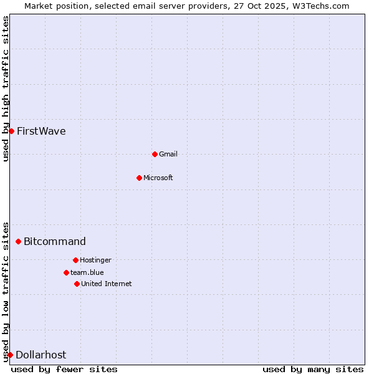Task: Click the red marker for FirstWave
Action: click(x=11, y=131)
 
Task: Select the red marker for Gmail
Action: click(x=155, y=154)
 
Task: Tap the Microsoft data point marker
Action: click(x=139, y=178)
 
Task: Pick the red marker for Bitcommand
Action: click(x=18, y=241)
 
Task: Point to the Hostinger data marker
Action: click(x=75, y=260)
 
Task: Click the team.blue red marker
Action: click(x=66, y=272)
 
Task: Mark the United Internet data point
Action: click(x=77, y=284)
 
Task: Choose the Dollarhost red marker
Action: click(x=10, y=355)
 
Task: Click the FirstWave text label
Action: click(x=41, y=132)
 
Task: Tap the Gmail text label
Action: click(x=168, y=154)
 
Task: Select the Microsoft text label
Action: click(x=158, y=178)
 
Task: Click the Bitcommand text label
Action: click(x=55, y=242)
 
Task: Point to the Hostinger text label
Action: click(x=95, y=260)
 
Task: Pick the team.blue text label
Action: click(x=87, y=272)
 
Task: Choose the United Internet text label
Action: click(x=107, y=284)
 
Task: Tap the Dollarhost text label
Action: click(x=41, y=355)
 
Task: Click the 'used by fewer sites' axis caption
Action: click(x=64, y=369)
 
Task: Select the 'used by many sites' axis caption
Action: click(x=313, y=369)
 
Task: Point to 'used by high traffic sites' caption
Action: click(x=6, y=89)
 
